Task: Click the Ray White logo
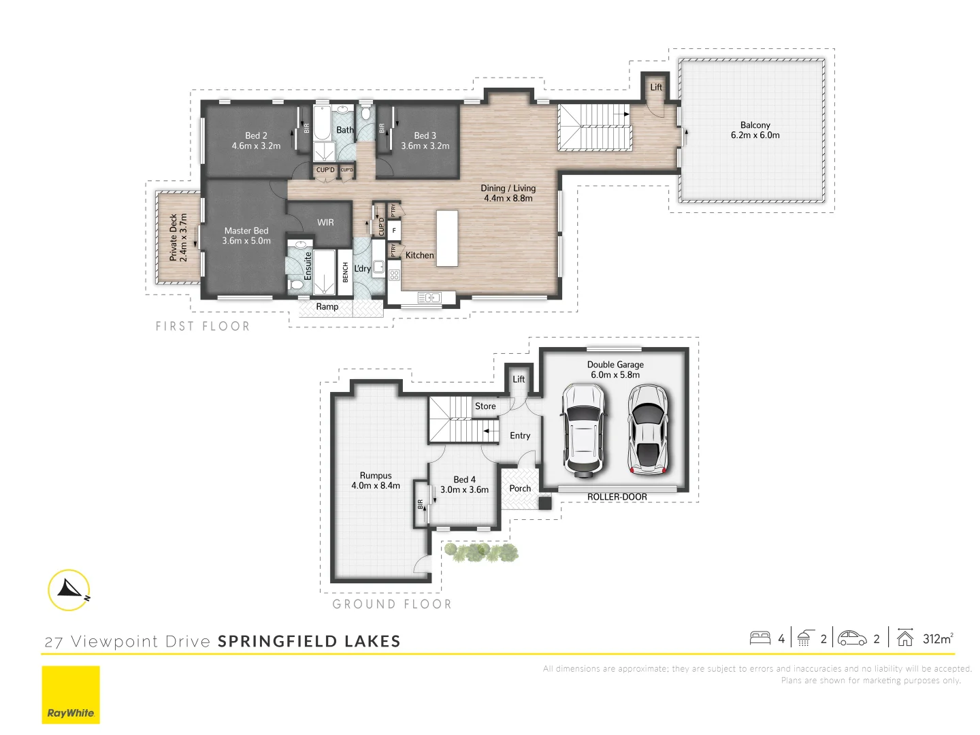coord(71,695)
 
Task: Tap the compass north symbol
coord(69,590)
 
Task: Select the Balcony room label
coord(755,130)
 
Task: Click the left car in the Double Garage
coord(583,430)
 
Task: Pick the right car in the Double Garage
coord(647,429)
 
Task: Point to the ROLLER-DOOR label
coord(617,497)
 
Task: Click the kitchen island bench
coord(447,238)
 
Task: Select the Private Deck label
coord(178,237)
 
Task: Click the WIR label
coord(325,223)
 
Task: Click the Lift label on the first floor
coord(656,87)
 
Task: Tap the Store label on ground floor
coord(485,406)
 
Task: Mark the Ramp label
coord(327,307)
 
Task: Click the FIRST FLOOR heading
coord(203,327)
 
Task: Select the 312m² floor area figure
coord(937,639)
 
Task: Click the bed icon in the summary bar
coord(760,638)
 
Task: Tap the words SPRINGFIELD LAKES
coord(309,641)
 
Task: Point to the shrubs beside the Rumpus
coord(480,552)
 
